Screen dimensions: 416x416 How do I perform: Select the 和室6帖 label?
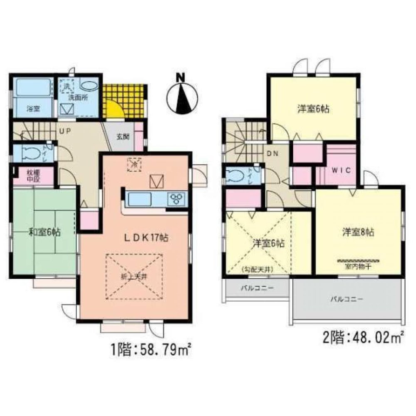tap(45, 232)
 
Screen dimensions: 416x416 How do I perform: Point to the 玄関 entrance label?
tap(123, 136)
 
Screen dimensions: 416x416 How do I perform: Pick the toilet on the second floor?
tap(240, 175)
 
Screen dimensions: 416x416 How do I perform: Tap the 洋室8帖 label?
tap(358, 232)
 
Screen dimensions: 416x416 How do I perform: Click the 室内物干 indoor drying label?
tap(358, 265)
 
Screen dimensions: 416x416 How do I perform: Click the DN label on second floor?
tap(272, 154)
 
